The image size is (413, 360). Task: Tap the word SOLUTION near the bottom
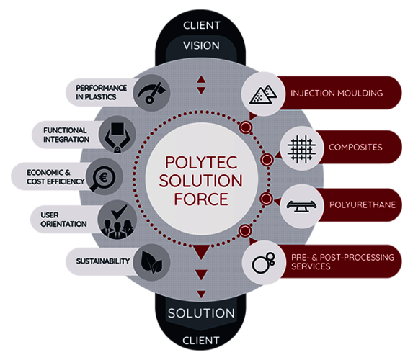[201, 314]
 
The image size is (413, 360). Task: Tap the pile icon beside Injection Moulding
[260, 93]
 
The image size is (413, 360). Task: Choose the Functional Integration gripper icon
[117, 135]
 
